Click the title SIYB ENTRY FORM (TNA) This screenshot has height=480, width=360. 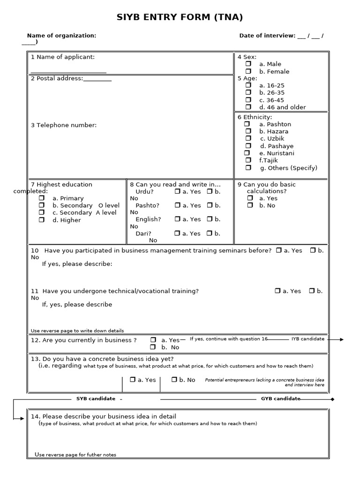click(180, 18)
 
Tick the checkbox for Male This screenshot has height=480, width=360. click(248, 64)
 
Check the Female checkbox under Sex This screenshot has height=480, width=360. click(248, 71)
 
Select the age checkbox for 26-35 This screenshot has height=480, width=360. click(248, 92)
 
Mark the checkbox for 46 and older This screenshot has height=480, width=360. click(248, 107)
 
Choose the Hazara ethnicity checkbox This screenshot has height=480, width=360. click(248, 131)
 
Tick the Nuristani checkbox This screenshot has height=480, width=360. click(247, 153)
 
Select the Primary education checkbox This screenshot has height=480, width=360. click(42, 198)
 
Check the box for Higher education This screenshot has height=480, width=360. click(42, 220)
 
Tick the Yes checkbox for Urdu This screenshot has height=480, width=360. click(177, 191)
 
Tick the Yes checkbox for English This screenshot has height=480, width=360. click(177, 219)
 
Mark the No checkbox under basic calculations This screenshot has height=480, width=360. click(250, 205)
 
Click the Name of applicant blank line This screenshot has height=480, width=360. click(68, 72)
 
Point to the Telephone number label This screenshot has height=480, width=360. click(64, 125)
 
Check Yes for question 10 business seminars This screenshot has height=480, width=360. click(279, 250)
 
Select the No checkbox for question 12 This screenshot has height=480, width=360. click(153, 347)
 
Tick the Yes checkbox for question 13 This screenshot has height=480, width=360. click(133, 380)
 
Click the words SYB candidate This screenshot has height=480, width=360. click(96, 399)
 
